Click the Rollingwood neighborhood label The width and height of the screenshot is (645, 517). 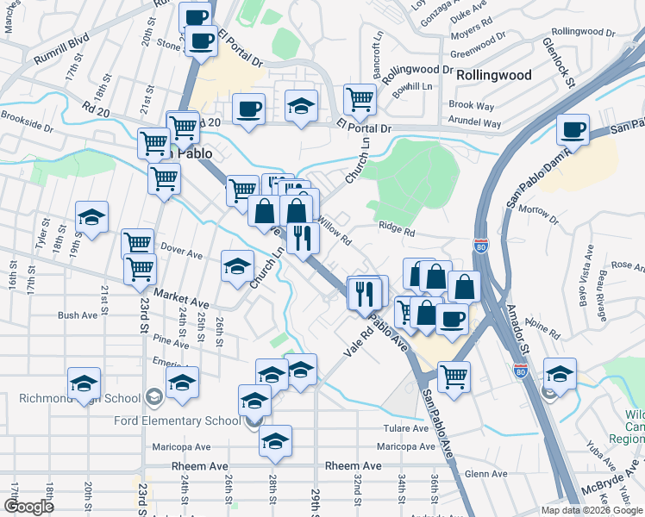click(x=493, y=75)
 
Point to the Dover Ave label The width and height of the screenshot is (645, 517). click(x=180, y=254)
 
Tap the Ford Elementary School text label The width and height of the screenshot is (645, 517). click(x=178, y=420)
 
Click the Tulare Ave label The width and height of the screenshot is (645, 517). click(x=406, y=428)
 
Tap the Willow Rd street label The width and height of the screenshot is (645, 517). click(x=335, y=232)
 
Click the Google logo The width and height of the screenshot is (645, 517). click(x=29, y=507)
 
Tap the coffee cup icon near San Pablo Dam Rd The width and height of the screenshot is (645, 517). click(x=573, y=130)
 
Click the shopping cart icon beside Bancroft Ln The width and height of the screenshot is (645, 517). click(x=360, y=99)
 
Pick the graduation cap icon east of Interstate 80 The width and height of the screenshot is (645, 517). click(x=560, y=374)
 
